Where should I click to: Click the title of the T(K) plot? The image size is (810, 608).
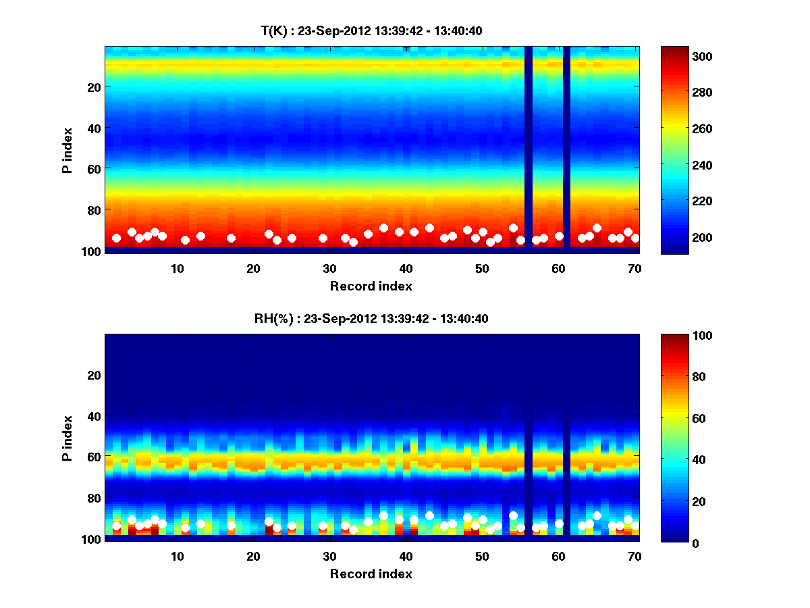tap(371, 30)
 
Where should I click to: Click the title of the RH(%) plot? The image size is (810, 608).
tap(371, 319)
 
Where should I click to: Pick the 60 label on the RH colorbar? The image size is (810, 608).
tap(680, 419)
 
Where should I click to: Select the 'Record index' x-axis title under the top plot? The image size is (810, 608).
tap(371, 286)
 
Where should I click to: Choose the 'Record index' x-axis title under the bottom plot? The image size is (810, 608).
tap(371, 574)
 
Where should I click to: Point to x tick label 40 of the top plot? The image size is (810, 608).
tap(406, 268)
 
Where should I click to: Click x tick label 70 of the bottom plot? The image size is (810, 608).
tap(634, 557)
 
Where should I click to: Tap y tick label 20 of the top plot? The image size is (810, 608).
tap(93, 86)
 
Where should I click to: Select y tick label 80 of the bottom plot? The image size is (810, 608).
tap(93, 498)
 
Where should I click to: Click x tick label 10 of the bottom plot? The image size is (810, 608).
tap(177, 557)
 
